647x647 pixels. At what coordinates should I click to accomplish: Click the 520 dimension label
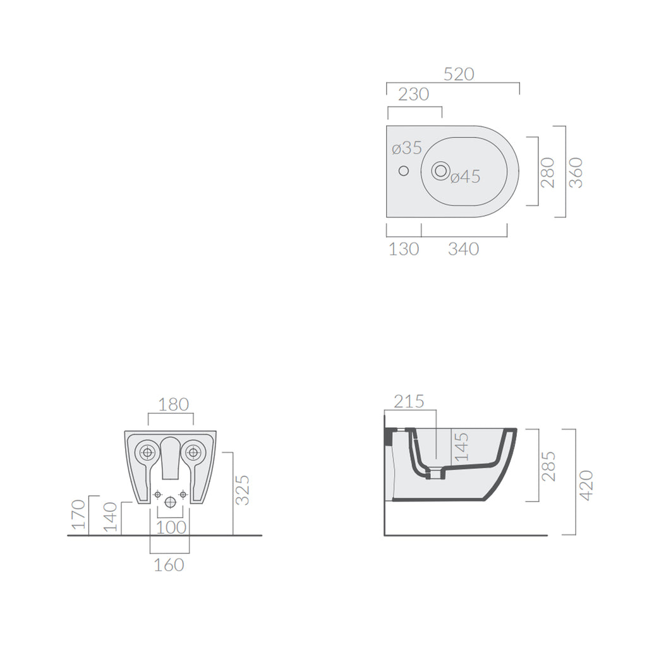pos(459,74)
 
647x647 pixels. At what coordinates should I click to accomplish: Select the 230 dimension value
pos(414,94)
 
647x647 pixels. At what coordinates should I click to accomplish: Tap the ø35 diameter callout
pos(406,148)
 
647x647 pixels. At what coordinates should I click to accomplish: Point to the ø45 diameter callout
pos(466,177)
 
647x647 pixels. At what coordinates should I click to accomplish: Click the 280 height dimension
pos(548,172)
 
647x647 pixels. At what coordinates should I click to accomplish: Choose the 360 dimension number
pos(576,172)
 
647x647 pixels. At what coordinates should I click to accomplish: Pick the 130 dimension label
pos(404,249)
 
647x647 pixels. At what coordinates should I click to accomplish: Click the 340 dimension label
pos(464,249)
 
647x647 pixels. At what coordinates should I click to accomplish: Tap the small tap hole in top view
pos(403,171)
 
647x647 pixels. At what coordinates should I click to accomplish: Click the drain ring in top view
pos(440,170)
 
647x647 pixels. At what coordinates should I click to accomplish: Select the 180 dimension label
pos(174,404)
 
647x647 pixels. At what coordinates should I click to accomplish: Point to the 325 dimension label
pos(243,490)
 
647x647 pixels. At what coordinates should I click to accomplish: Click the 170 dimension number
pos(78,514)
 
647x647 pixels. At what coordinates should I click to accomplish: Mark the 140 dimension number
pos(111,517)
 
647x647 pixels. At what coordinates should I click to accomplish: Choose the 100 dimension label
pos(171,526)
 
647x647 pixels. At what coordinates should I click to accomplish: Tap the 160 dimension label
pos(169,564)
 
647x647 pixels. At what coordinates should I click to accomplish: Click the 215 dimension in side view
pos(409,401)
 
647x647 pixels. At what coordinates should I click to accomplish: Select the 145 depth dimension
pos(462,447)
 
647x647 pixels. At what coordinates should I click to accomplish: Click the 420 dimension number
pos(586,485)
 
